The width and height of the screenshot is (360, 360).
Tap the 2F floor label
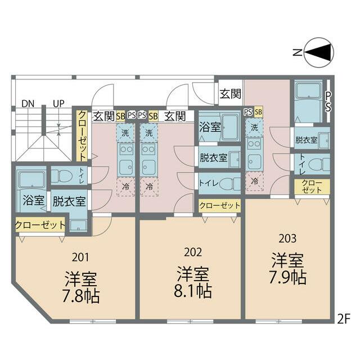point(344,318)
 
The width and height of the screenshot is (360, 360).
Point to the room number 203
point(287,238)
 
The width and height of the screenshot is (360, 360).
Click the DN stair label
point(28,103)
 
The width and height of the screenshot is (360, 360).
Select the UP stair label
point(58,103)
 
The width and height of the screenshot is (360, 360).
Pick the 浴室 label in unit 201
point(33,200)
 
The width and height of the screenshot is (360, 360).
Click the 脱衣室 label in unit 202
point(213,158)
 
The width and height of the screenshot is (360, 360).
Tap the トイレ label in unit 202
point(208,183)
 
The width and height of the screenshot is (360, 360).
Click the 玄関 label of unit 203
point(230,93)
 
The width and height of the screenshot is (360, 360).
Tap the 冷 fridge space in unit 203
point(254,181)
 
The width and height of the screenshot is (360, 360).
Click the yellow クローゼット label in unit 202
point(219,206)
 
